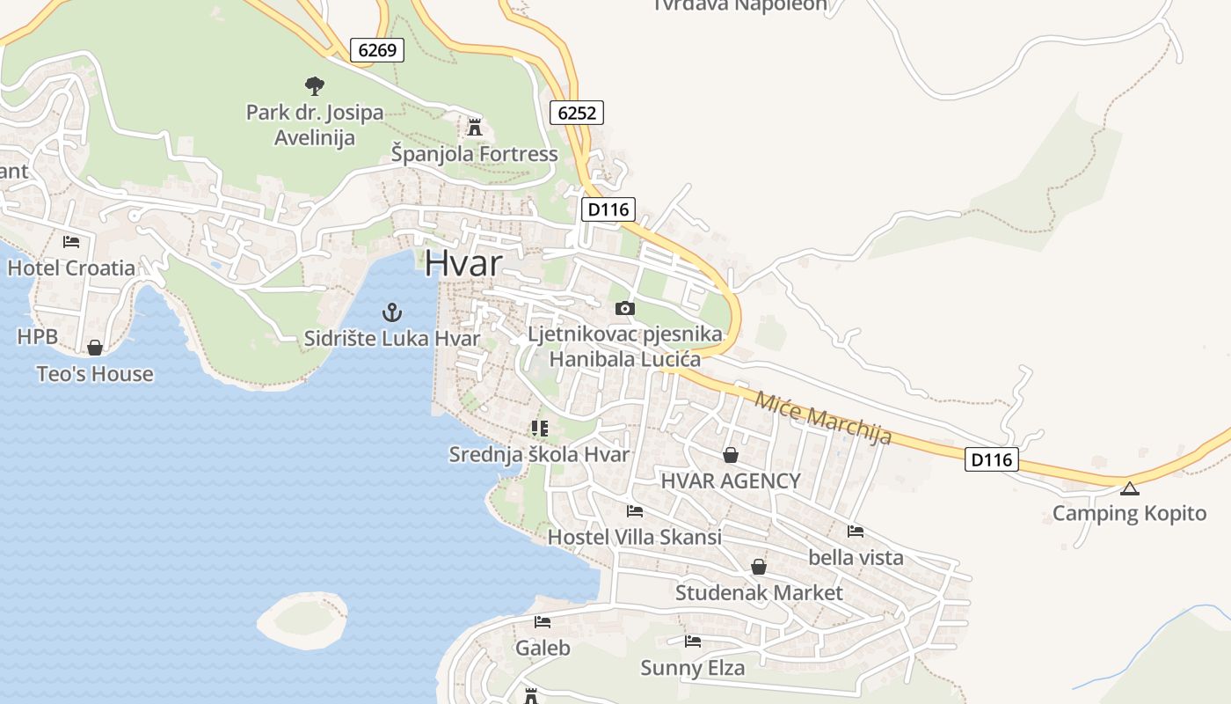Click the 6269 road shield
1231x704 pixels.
pyautogui.click(x=377, y=50)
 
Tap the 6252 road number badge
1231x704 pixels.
pyautogui.click(x=577, y=113)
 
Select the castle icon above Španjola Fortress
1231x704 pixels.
pyautogui.click(x=475, y=128)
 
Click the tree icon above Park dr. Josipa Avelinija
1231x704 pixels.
pyautogui.click(x=314, y=85)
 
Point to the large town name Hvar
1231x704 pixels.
pyautogui.click(x=463, y=264)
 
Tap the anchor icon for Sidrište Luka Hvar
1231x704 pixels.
pyautogui.click(x=392, y=312)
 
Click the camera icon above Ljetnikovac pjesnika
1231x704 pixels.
pyautogui.click(x=625, y=308)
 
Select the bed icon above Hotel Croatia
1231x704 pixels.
pyautogui.click(x=71, y=241)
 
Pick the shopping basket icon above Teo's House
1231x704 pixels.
pyautogui.click(x=95, y=348)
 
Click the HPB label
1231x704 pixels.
pyautogui.click(x=38, y=336)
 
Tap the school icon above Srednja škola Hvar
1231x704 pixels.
pyautogui.click(x=539, y=429)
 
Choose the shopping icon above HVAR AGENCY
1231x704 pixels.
pyautogui.click(x=730, y=455)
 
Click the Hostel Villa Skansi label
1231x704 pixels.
pyautogui.click(x=634, y=537)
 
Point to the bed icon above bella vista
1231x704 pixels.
pyautogui.click(x=855, y=531)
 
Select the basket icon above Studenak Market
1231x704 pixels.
pyautogui.click(x=758, y=567)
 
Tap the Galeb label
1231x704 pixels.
pyautogui.click(x=543, y=649)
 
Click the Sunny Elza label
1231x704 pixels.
pyautogui.click(x=692, y=668)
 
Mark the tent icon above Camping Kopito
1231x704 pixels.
pyautogui.click(x=1129, y=488)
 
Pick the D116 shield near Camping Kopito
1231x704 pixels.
pyautogui.click(x=991, y=458)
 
